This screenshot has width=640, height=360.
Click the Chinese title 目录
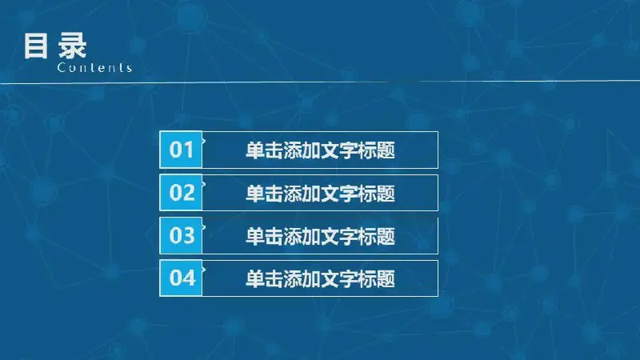(55, 46)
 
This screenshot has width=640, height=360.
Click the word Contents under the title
(94, 67)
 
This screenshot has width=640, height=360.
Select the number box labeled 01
(181, 150)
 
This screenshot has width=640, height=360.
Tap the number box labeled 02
(181, 192)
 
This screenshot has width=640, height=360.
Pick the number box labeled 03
(181, 235)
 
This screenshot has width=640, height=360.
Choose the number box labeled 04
(181, 278)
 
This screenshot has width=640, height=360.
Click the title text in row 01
(321, 150)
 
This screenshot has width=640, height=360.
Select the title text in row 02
(321, 193)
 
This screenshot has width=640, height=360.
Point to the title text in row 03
(321, 236)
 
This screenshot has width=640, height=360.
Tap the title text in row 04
(321, 278)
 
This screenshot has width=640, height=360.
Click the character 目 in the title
(35, 46)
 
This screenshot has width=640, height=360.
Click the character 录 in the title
(72, 46)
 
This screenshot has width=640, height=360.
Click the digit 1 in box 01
(188, 150)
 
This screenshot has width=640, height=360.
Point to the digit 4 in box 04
(189, 278)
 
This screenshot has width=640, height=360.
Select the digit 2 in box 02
(189, 192)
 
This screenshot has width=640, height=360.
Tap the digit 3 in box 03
(189, 235)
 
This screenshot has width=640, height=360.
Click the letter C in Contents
(62, 67)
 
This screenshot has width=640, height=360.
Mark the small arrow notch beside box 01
(204, 141)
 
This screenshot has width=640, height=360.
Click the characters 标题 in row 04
(377, 278)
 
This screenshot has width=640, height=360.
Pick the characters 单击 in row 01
(264, 150)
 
